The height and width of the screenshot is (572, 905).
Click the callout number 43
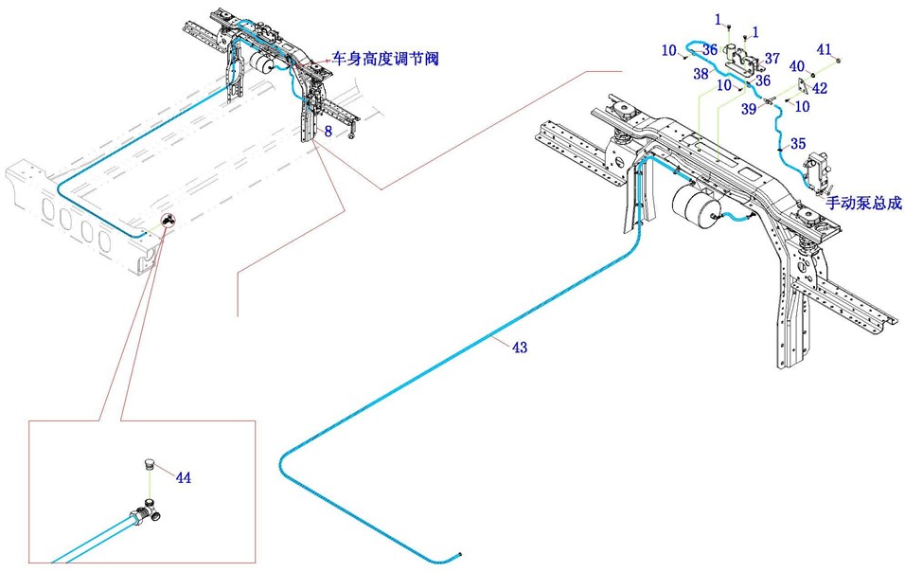519,348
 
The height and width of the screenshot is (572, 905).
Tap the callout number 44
184,478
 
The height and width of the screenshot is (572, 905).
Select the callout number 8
328,132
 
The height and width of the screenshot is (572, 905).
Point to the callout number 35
798,144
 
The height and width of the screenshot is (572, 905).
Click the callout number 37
772,59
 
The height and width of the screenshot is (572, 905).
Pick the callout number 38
701,72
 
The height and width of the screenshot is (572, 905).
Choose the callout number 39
748,110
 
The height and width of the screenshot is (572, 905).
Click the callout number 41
824,48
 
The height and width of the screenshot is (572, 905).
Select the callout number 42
820,87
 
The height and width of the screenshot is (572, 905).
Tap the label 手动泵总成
864,203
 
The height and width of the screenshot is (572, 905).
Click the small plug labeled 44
148,465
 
